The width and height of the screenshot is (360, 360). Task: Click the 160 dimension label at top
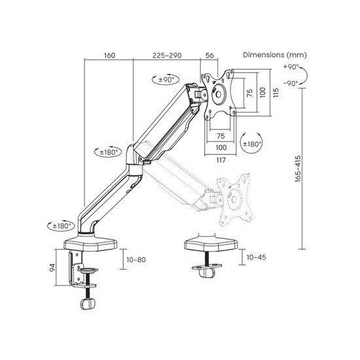point(109,56)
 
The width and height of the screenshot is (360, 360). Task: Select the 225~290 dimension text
point(167,56)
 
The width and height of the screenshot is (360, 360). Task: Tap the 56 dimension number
point(209,56)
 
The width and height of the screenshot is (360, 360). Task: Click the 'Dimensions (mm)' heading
point(275,55)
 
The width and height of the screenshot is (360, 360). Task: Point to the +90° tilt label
point(291,67)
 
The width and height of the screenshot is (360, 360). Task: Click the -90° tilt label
point(291,83)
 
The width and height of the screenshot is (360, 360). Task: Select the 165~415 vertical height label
point(298,169)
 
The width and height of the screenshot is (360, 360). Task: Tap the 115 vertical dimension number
point(276,92)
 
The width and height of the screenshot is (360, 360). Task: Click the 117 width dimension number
point(221,160)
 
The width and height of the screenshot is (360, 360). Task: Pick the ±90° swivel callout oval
point(166,80)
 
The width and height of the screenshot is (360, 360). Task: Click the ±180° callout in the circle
point(251,144)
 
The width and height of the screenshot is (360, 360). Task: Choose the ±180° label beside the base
point(61,226)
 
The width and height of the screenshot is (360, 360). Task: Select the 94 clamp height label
point(52,268)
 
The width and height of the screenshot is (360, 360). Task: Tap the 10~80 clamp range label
point(136,260)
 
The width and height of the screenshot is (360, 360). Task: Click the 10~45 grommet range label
point(256,257)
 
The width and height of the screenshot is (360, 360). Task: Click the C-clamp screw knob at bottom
point(88,304)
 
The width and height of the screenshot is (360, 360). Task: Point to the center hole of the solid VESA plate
point(219,94)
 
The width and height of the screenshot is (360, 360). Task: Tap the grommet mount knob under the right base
point(207,273)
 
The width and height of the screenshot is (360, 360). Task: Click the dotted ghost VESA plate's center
point(234,199)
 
